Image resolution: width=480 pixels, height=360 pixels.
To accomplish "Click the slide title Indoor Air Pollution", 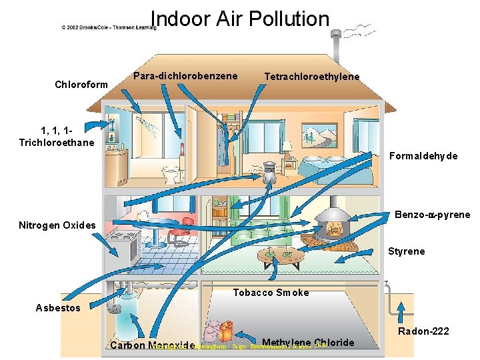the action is click(x=240, y=19).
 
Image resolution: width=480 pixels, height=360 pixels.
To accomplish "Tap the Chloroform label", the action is click(x=79, y=85).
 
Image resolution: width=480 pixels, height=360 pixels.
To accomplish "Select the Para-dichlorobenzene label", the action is click(x=185, y=76).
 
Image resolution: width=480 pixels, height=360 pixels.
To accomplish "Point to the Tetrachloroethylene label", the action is click(x=312, y=77).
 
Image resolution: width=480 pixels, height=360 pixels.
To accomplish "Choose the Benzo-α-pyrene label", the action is click(x=432, y=215).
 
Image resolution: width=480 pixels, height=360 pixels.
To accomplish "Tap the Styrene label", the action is click(x=407, y=251).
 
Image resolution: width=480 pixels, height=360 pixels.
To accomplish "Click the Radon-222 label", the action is click(x=423, y=331).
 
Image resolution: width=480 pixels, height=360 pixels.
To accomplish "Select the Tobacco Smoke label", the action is click(x=271, y=293).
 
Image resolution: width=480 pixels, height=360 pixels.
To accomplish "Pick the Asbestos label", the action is click(x=58, y=308).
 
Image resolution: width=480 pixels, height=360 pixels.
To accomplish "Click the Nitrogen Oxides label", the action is click(x=57, y=225).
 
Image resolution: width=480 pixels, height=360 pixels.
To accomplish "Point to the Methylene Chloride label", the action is click(x=308, y=343).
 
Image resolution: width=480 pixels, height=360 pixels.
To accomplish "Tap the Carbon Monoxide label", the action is click(x=152, y=345).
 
